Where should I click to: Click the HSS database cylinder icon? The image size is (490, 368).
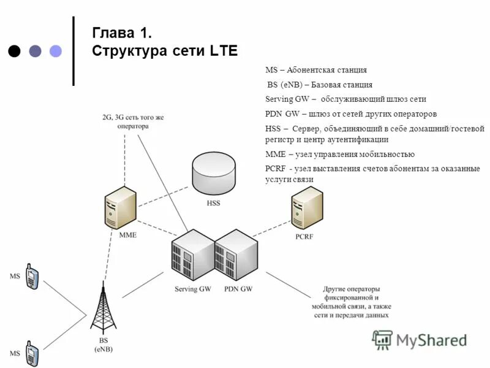click(213, 172)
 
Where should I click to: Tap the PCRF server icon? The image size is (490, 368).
click(307, 209)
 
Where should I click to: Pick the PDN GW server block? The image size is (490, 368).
click(236, 256)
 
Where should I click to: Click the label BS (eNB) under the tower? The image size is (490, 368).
click(103, 345)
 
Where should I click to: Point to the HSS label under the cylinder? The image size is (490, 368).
click(213, 202)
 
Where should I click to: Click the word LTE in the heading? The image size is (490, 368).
click(223, 51)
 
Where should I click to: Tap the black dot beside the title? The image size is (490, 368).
click(15, 51)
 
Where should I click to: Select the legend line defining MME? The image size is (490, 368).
click(340, 154)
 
